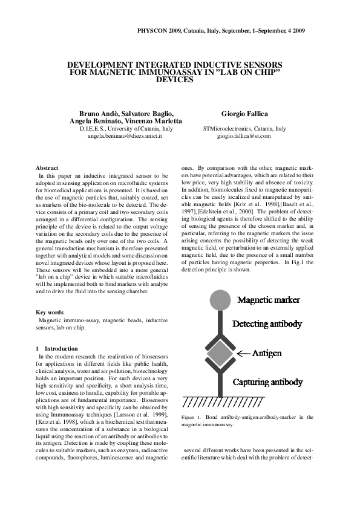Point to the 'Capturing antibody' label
click(x=267, y=383)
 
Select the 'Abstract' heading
click(x=47, y=167)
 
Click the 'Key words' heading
click(x=50, y=313)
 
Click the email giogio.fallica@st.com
click(x=244, y=136)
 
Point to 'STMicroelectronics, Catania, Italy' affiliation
click(x=244, y=129)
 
